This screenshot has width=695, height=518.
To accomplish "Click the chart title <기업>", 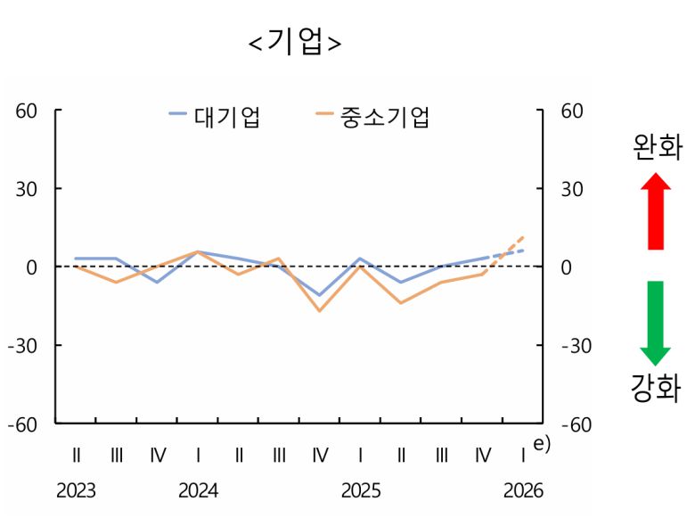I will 295,43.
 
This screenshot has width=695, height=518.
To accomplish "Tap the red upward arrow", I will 656,210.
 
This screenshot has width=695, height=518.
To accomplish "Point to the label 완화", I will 656,146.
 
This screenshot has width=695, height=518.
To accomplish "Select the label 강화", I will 656,390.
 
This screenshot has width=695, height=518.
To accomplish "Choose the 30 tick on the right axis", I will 571,190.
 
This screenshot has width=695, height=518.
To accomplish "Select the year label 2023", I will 77,491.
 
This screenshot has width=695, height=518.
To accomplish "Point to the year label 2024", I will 198,491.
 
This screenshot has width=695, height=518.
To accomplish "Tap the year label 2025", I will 361,491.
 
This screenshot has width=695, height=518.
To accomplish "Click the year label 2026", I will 523,491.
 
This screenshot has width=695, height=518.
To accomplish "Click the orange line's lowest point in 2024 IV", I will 320,310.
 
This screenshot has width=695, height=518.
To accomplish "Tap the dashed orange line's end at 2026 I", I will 523,237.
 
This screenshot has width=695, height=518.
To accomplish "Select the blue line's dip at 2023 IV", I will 158,282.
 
